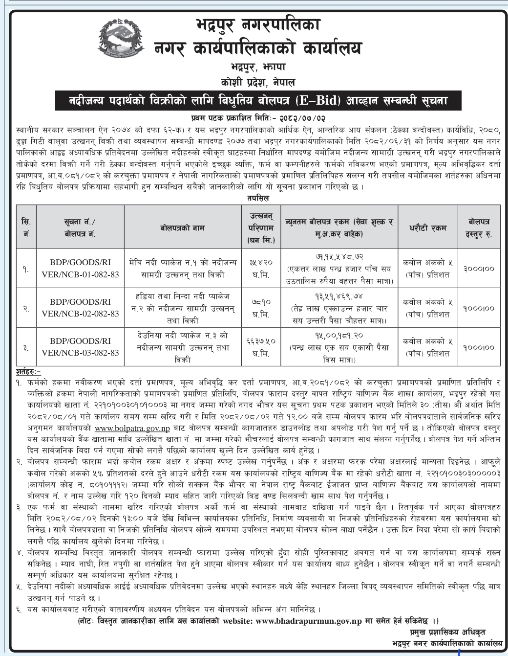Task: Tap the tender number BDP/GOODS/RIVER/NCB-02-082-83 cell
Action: pyautogui.click(x=81, y=308)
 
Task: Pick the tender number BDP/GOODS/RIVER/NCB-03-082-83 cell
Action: pyautogui.click(x=81, y=347)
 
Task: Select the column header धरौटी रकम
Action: pyautogui.click(x=428, y=227)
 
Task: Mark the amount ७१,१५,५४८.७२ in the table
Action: pyautogui.click(x=339, y=256)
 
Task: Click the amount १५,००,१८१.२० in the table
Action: pyautogui.click(x=339, y=336)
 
